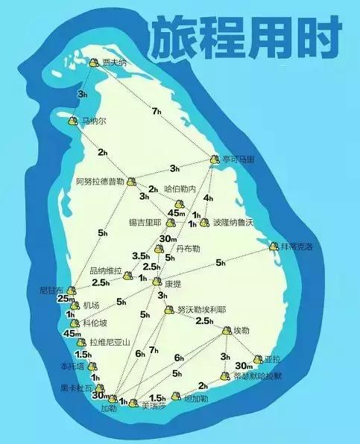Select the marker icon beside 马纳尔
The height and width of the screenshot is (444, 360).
[72, 120]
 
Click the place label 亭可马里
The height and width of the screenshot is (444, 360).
[239, 159]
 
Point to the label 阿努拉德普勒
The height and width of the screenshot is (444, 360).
[99, 181]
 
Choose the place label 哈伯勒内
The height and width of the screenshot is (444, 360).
[179, 189]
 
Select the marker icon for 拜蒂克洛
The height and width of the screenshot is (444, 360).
[274, 246]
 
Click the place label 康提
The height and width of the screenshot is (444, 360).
[174, 284]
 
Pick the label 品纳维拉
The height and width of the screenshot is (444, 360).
[106, 271]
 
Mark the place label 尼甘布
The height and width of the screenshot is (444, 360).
[48, 290]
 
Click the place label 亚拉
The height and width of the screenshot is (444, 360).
[274, 359]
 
